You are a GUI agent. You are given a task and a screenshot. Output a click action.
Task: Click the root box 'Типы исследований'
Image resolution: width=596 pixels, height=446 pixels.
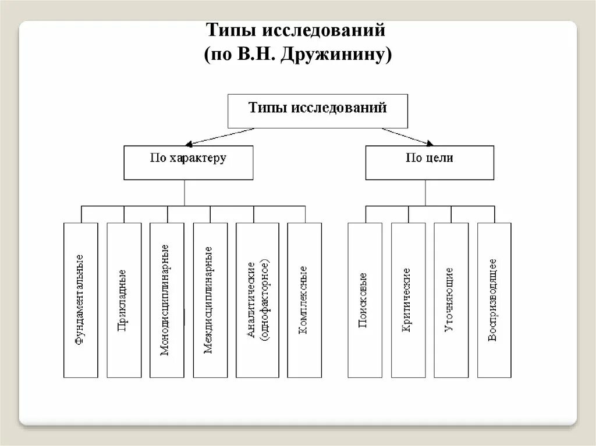pos(317,110)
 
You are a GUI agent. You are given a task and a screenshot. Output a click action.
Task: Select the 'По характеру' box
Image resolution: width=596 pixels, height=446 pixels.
pos(189,162)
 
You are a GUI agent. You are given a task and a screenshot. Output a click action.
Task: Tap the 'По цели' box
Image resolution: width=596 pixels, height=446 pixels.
pos(430,162)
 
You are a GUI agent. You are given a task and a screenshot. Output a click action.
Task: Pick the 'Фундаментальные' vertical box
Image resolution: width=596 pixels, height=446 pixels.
pos(81,300)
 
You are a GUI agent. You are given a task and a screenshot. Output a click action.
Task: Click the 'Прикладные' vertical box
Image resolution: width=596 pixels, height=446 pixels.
pos(124,300)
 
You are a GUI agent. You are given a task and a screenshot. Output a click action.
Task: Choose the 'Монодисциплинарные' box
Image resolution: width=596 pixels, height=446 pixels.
pos(167,300)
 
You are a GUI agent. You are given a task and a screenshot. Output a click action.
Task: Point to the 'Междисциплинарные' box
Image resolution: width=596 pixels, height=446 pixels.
pos(210,300)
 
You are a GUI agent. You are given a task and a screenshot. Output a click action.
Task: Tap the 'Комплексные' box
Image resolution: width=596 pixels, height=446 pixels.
pos(304,300)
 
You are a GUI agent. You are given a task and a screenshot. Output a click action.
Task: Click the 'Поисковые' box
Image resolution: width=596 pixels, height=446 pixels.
pos(365,300)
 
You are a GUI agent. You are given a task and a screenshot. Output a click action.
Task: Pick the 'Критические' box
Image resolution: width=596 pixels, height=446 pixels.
pos(408,300)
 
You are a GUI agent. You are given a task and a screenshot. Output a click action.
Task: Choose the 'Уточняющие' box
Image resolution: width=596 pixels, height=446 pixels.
pos(451,300)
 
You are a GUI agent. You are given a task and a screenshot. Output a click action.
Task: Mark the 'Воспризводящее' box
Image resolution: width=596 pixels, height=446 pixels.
pos(494,300)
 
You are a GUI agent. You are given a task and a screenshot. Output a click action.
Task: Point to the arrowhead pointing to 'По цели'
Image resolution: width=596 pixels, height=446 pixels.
pos(430,142)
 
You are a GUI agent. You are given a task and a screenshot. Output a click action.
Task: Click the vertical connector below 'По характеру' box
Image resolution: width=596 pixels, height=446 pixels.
pos(185,192)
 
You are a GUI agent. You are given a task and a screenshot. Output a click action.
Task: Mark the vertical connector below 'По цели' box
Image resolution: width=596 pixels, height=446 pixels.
pos(425,192)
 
